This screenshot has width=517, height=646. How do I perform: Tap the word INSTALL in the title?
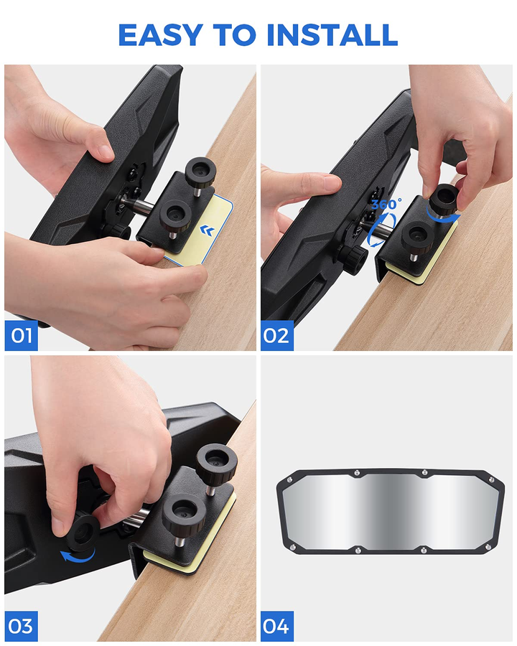tap(332, 34)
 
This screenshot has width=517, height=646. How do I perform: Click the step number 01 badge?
tap(21, 335)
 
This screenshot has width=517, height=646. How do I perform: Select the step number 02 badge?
tap(277, 335)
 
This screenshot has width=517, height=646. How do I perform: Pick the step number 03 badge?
tap(21, 626)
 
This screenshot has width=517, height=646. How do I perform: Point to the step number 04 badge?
tap(277, 626)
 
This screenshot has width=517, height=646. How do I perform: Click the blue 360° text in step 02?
tap(386, 205)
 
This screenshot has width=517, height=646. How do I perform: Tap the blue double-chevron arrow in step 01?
tap(208, 230)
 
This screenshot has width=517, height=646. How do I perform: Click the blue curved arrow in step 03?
tap(78, 557)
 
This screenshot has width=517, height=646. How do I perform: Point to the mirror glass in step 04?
tap(390, 511)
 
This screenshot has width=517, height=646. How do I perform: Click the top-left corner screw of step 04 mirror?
tap(289, 479)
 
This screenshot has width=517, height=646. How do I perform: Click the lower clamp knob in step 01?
tap(176, 216)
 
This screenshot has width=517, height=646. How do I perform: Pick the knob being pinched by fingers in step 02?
tap(444, 199)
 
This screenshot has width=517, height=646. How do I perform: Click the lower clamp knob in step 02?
tap(418, 238)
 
